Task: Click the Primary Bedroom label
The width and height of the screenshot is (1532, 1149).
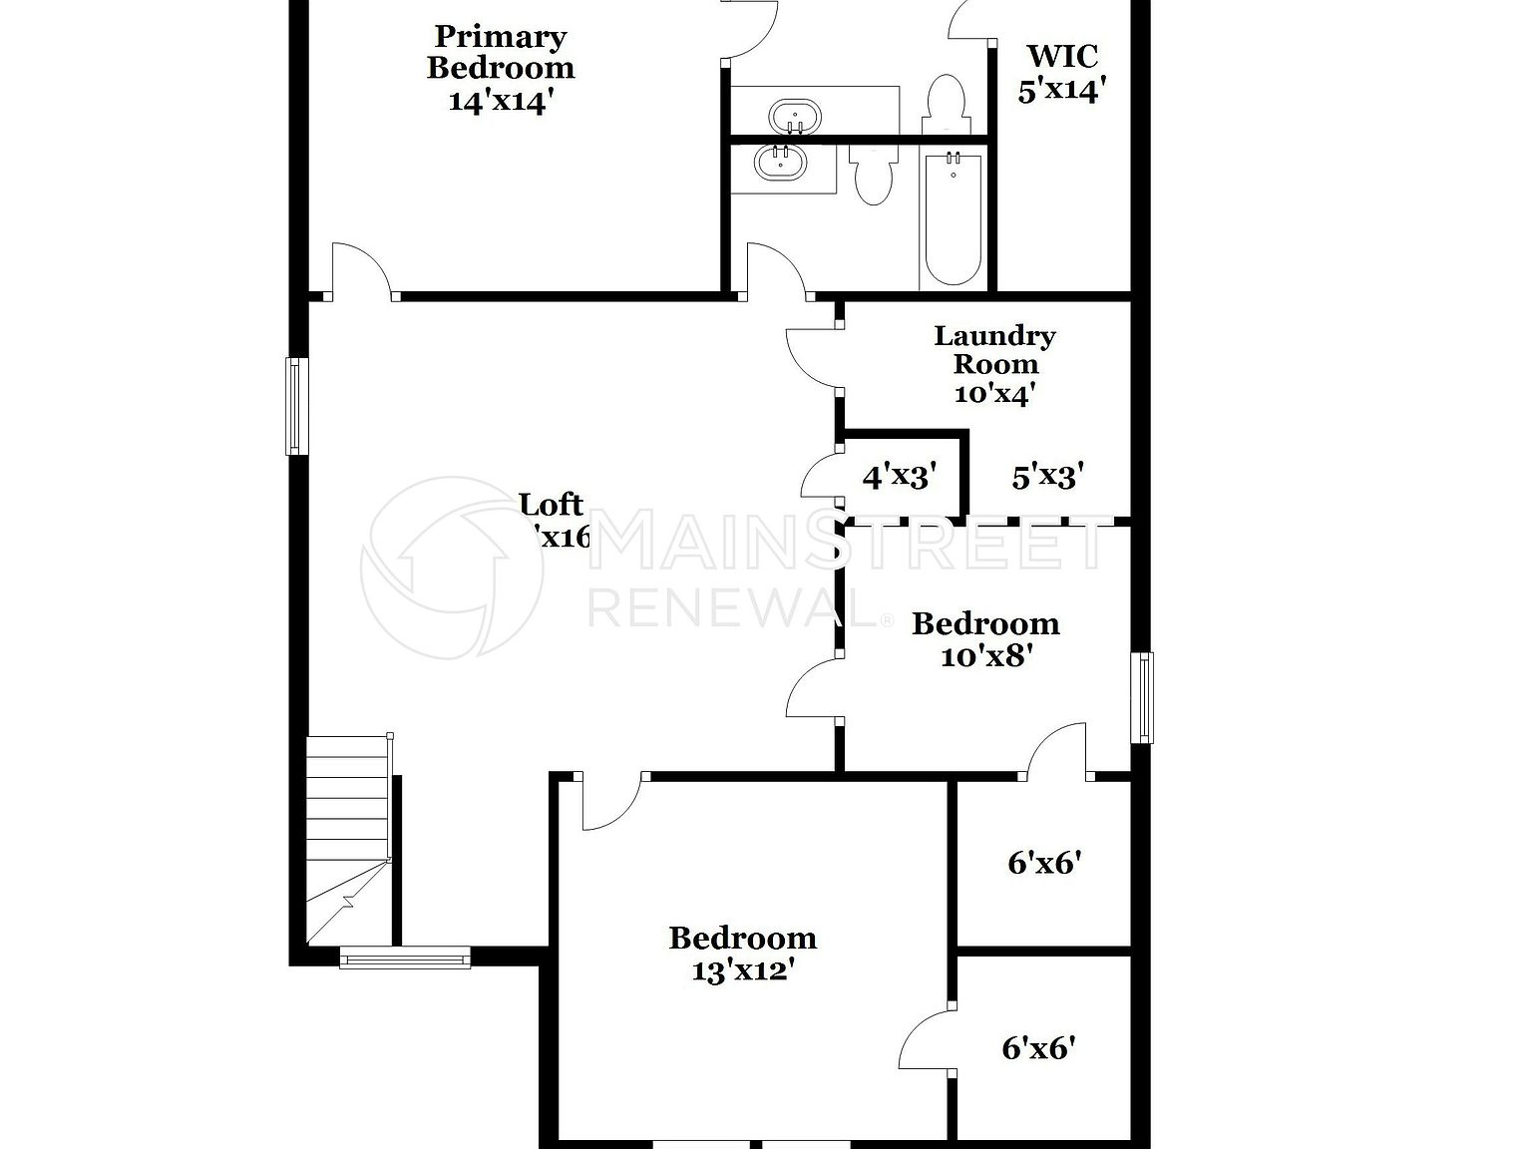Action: [x=501, y=68]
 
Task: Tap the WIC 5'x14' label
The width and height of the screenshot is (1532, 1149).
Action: [x=1062, y=73]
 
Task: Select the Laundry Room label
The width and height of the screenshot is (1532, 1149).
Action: [x=993, y=364]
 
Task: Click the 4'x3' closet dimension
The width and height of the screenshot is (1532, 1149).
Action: [x=901, y=477]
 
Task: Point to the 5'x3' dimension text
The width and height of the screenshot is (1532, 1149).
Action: [x=1047, y=477]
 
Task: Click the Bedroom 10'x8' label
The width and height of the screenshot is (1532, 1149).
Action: [x=985, y=639]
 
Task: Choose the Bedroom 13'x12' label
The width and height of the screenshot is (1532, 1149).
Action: [x=742, y=954]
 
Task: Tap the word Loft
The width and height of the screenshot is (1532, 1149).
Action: [x=553, y=505]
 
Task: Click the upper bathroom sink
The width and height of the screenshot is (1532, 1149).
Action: [x=795, y=117]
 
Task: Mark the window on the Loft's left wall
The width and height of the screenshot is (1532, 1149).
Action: [x=296, y=406]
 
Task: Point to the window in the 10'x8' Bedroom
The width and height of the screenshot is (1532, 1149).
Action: [x=1141, y=697]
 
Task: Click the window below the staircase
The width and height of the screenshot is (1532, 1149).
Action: [x=404, y=958]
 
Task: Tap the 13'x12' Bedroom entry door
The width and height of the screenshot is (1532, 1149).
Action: [x=609, y=803]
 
